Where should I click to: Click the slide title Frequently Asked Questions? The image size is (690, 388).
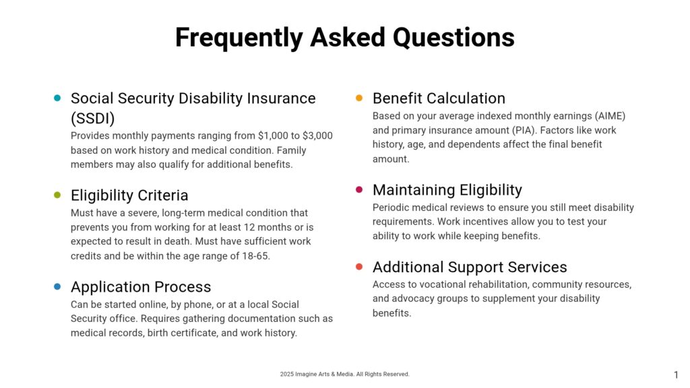(344, 38)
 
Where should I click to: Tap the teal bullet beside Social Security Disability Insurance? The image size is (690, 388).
(57, 98)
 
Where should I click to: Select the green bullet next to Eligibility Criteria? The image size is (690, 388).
(57, 195)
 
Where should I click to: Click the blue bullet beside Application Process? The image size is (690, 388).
(57, 286)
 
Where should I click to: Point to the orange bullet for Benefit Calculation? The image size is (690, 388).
(359, 98)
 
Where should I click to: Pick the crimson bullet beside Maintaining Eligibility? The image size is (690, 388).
(359, 189)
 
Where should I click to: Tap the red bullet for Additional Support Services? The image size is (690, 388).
(359, 267)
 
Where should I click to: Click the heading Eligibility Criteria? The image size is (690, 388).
(129, 195)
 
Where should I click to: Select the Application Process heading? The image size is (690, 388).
(141, 287)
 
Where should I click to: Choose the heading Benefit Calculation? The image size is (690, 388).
(439, 98)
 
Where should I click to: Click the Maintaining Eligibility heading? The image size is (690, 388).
(447, 190)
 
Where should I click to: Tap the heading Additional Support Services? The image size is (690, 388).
(470, 267)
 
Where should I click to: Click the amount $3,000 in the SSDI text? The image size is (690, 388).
(317, 136)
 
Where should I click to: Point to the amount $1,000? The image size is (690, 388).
(273, 136)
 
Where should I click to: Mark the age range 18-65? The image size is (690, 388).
(255, 256)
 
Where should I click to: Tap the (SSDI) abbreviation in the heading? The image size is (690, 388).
(93, 119)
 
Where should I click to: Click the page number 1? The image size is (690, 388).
(676, 375)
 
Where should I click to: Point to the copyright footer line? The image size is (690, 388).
(344, 375)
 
